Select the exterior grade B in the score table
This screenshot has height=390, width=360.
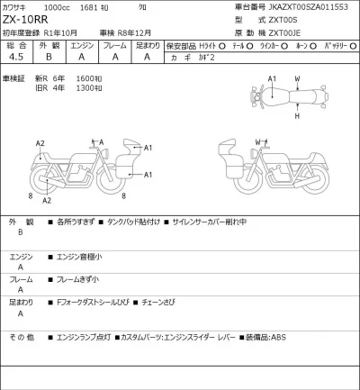[53, 56]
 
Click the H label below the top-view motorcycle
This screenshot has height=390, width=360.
[297, 115]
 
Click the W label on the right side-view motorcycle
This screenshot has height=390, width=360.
[257, 141]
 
